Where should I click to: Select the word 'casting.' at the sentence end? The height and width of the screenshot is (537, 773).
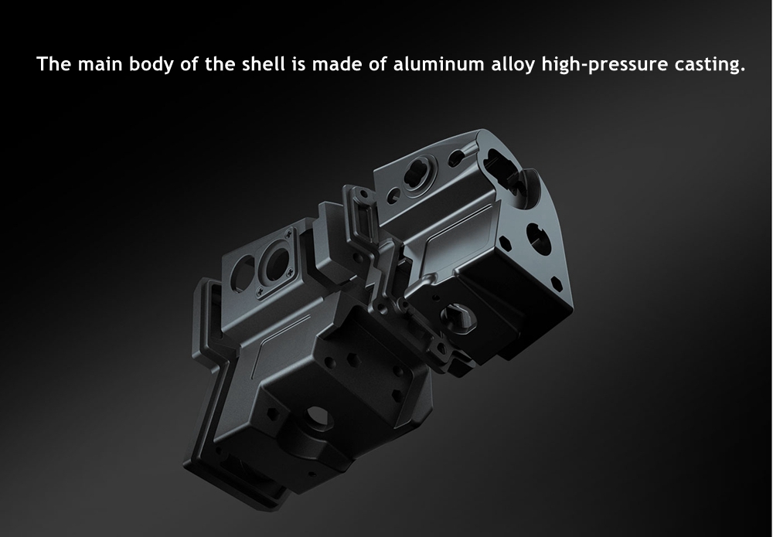click(710, 65)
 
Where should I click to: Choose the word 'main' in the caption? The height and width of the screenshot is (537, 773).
click(100, 64)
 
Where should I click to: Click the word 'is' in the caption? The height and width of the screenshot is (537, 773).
click(298, 64)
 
